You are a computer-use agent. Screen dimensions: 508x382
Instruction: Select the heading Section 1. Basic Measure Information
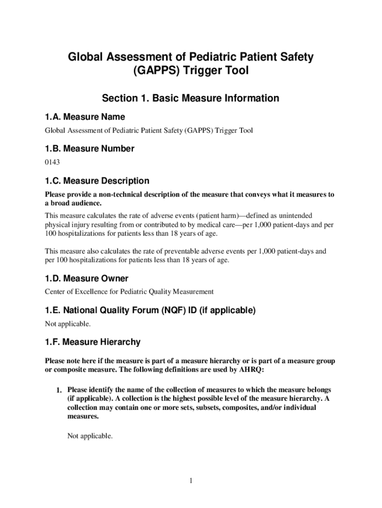[x=191, y=98]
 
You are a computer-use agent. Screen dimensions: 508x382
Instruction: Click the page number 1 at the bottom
[x=191, y=481]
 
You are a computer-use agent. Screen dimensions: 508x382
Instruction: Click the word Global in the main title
[x=85, y=58]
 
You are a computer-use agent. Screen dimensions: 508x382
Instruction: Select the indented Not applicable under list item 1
[x=90, y=437]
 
